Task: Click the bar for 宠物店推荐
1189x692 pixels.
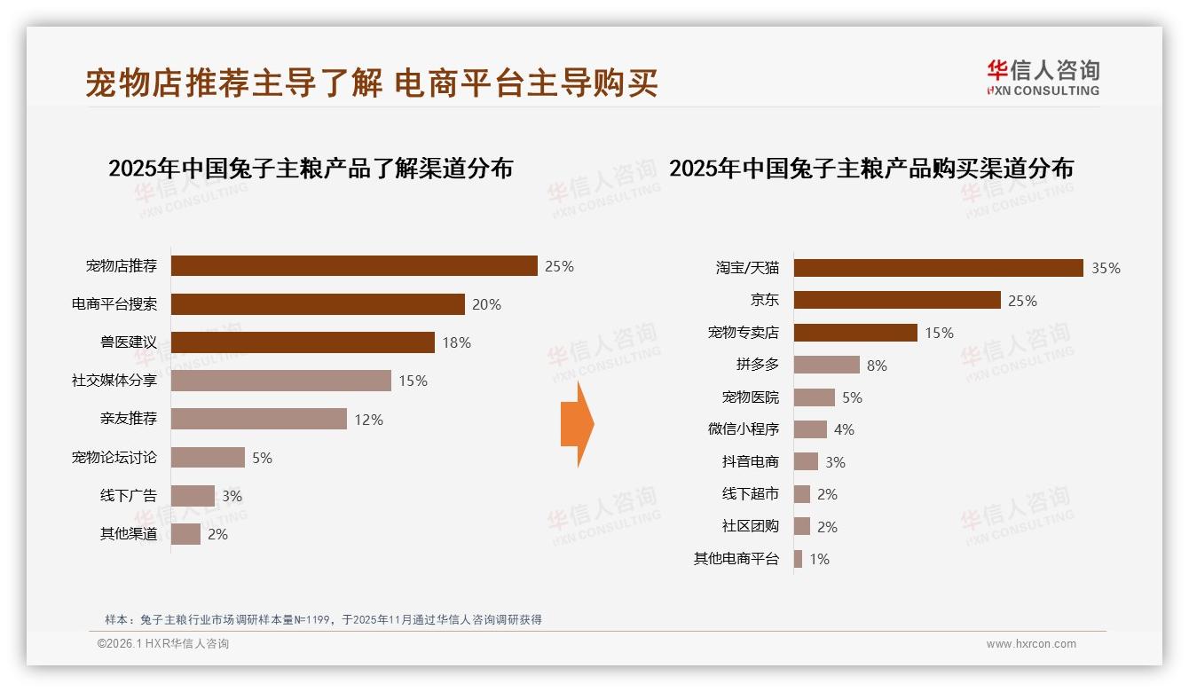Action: click(x=354, y=266)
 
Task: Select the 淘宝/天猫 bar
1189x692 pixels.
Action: click(x=938, y=268)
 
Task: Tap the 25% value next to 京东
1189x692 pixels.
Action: click(x=1022, y=301)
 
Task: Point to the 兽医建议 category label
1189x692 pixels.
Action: click(x=128, y=342)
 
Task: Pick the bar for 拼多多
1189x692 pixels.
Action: click(x=826, y=365)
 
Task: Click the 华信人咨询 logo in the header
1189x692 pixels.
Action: click(x=1043, y=77)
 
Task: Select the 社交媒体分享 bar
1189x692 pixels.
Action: click(x=280, y=381)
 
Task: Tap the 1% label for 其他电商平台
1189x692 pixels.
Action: click(x=819, y=559)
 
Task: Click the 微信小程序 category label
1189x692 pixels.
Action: click(x=743, y=429)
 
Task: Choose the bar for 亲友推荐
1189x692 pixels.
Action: click(x=258, y=419)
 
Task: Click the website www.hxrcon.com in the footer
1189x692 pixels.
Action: click(x=1031, y=644)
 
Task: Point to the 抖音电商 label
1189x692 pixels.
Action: click(x=750, y=461)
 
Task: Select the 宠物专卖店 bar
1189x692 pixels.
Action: click(x=855, y=333)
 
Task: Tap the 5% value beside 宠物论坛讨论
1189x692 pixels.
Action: click(x=262, y=458)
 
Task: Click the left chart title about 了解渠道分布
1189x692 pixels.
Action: click(x=311, y=169)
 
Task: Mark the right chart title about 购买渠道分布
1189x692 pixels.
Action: click(x=870, y=169)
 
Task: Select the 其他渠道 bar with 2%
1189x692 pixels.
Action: click(x=185, y=534)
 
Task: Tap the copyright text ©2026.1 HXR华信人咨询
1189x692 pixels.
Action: click(x=163, y=644)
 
